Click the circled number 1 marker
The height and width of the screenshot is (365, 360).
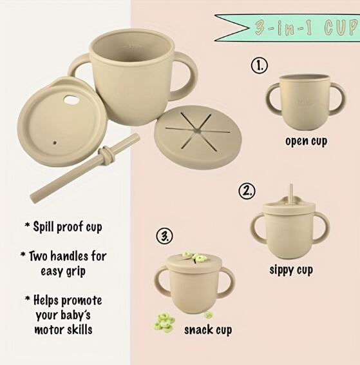tap(259, 65)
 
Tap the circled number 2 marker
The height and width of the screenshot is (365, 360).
tap(247, 191)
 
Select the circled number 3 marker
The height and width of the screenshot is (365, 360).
tap(164, 236)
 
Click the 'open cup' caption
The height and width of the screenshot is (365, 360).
tap(306, 141)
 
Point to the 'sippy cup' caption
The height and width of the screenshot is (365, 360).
tap(291, 270)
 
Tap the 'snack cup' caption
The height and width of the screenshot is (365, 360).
tap(208, 330)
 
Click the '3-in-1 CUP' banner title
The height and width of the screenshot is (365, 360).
tap(306, 28)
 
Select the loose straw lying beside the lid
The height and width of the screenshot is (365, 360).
tap(85, 168)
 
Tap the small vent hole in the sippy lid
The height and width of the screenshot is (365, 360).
tap(55, 143)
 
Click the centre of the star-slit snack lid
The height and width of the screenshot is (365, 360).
tap(197, 131)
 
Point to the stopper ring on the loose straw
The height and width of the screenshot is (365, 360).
tap(107, 155)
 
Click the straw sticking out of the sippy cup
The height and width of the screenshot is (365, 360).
tap(291, 193)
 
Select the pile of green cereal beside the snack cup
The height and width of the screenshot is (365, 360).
tap(164, 322)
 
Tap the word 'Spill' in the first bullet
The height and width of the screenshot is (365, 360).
tap(44, 226)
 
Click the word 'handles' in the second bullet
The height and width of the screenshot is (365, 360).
tap(70, 256)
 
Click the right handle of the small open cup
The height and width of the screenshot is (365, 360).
tap(337, 99)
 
